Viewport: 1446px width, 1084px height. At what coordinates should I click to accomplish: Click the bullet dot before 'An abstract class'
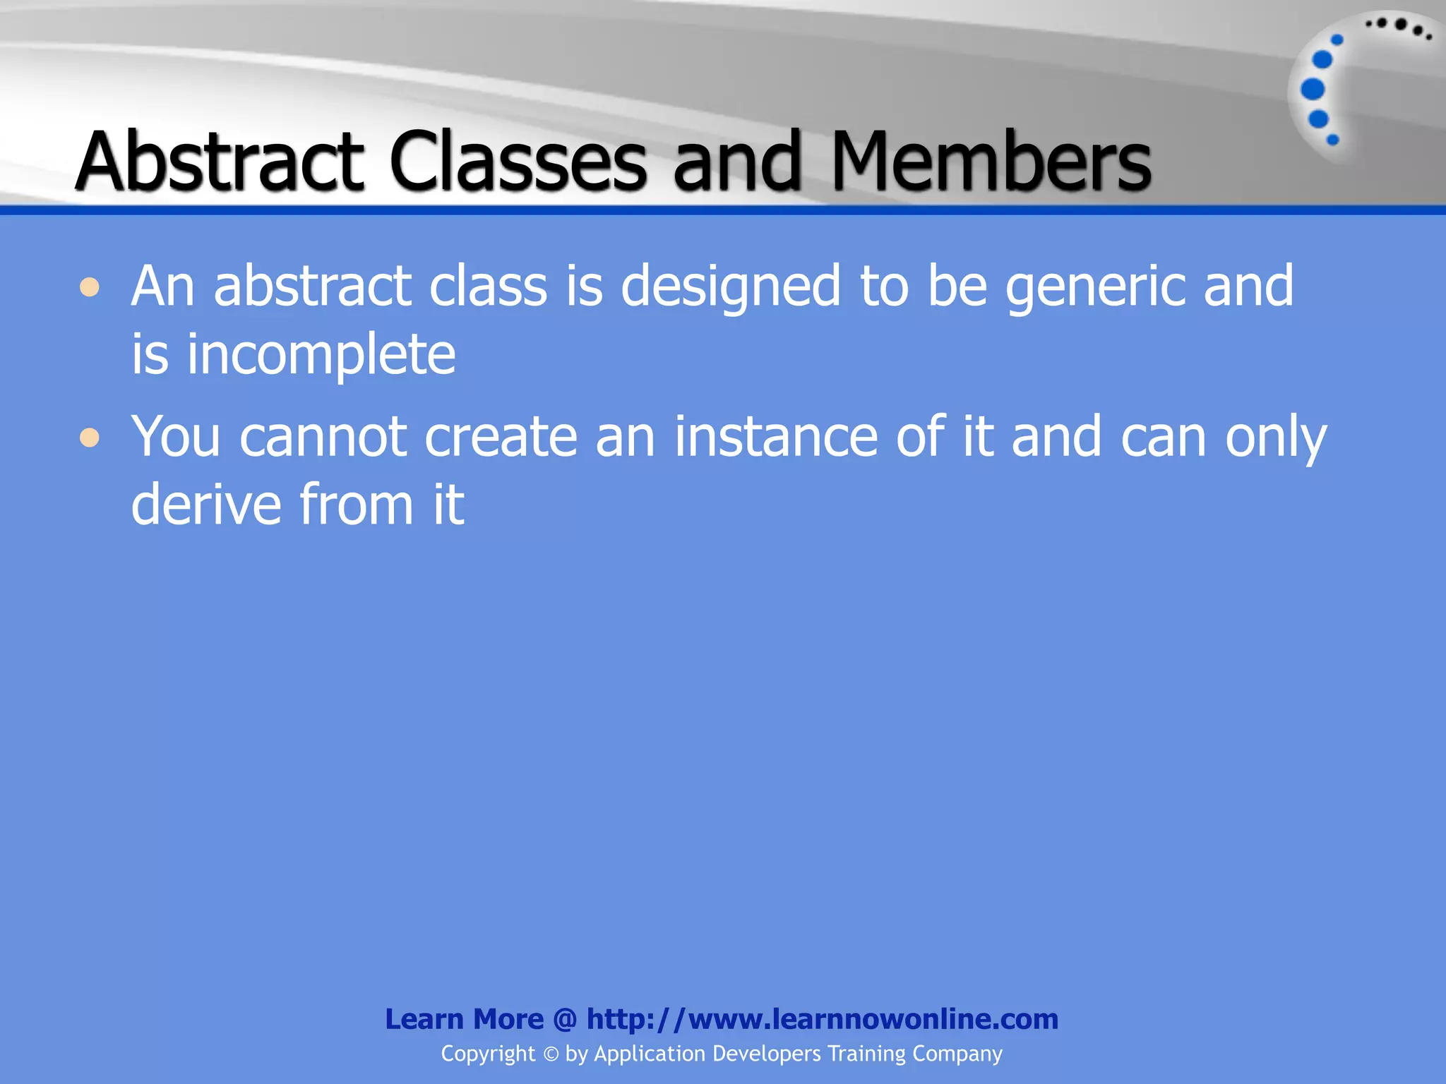[90, 287]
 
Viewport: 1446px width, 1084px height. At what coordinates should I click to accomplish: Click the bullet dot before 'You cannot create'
[90, 438]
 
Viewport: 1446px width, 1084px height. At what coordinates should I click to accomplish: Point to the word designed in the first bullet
[731, 287]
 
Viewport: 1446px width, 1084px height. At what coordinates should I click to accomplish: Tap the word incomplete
[321, 355]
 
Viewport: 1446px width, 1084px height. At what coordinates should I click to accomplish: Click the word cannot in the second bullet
[323, 438]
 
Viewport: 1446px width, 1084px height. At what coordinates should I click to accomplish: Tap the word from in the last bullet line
[357, 505]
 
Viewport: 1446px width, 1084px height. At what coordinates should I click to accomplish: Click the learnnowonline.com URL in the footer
[823, 1019]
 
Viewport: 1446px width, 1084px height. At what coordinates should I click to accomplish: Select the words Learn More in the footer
[464, 1019]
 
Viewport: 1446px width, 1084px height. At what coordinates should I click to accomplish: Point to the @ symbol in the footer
[565, 1020]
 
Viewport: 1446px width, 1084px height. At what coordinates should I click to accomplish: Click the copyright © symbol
[551, 1054]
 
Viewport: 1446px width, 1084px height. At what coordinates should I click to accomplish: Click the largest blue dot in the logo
[1313, 90]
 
